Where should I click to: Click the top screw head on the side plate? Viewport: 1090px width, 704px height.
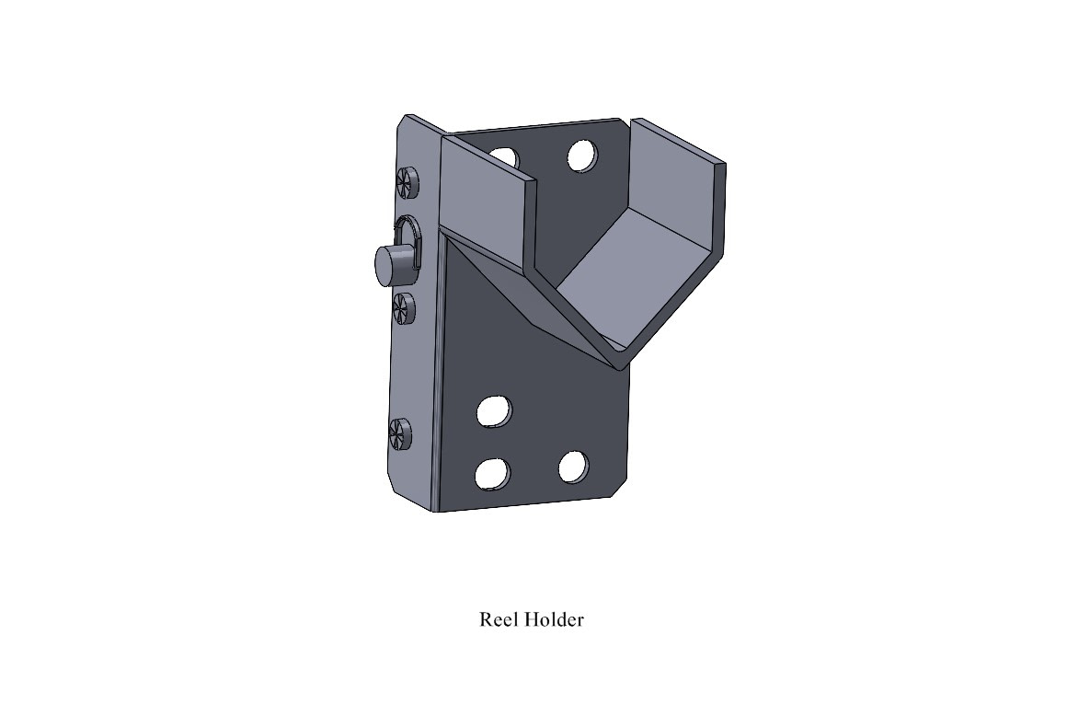(406, 181)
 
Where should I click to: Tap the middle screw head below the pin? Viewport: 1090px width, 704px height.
(403, 307)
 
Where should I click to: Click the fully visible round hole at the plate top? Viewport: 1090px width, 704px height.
(581, 156)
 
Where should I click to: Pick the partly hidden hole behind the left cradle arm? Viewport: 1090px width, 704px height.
(504, 157)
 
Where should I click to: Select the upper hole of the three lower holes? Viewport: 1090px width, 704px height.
(494, 411)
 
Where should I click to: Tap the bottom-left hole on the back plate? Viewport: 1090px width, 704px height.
(492, 473)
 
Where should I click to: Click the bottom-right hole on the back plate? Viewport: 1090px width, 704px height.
(573, 467)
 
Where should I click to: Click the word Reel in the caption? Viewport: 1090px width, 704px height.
(499, 619)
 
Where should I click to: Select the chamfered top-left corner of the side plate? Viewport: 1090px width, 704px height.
(401, 125)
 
